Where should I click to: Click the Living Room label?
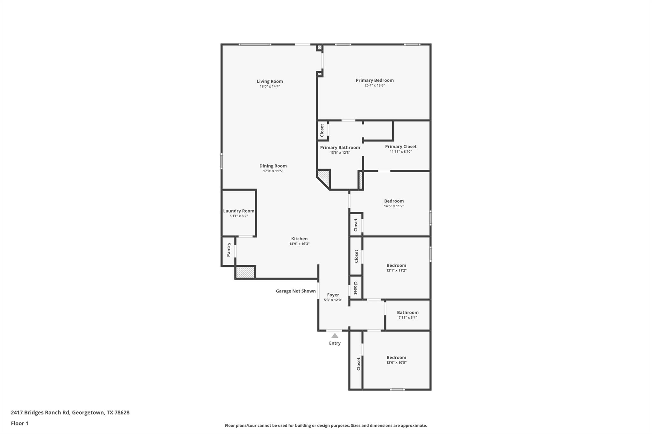pyautogui.click(x=270, y=81)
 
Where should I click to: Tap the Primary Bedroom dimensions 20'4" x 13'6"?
pyautogui.click(x=374, y=86)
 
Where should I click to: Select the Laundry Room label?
pyautogui.click(x=238, y=211)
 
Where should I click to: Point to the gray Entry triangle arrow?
pyautogui.click(x=335, y=336)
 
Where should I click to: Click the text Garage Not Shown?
pyautogui.click(x=295, y=291)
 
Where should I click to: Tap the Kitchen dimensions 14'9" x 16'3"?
pyautogui.click(x=299, y=244)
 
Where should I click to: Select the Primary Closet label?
pyautogui.click(x=400, y=147)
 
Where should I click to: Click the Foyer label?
pyautogui.click(x=333, y=295)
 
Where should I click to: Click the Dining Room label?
pyautogui.click(x=273, y=166)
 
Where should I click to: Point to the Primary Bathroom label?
pyautogui.click(x=340, y=148)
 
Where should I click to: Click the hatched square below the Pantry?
pyautogui.click(x=245, y=272)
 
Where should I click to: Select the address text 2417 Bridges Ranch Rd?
pyautogui.click(x=70, y=413)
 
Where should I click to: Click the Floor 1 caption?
pyautogui.click(x=19, y=424)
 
